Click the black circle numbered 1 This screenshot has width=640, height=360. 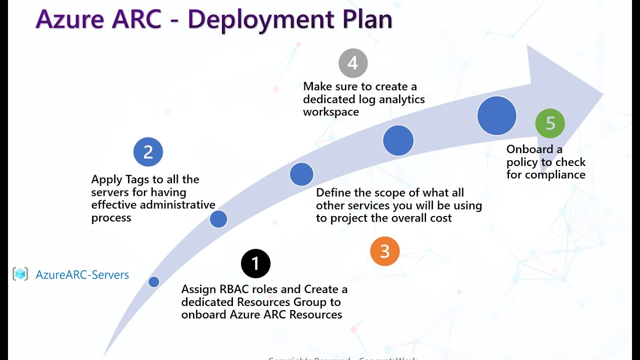click(255, 263)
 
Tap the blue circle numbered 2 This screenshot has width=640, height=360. click(148, 152)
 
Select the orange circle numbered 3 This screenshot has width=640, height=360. click(384, 251)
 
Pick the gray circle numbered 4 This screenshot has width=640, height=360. click(353, 63)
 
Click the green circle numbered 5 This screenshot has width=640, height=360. click(550, 123)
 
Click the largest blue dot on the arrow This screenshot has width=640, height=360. click(496, 116)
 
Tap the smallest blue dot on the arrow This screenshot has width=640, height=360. click(154, 282)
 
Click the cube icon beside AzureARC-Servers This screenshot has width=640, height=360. click(20, 274)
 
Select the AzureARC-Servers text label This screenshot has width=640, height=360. click(82, 274)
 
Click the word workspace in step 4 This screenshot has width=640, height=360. click(331, 112)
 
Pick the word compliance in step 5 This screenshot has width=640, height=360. click(554, 175)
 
